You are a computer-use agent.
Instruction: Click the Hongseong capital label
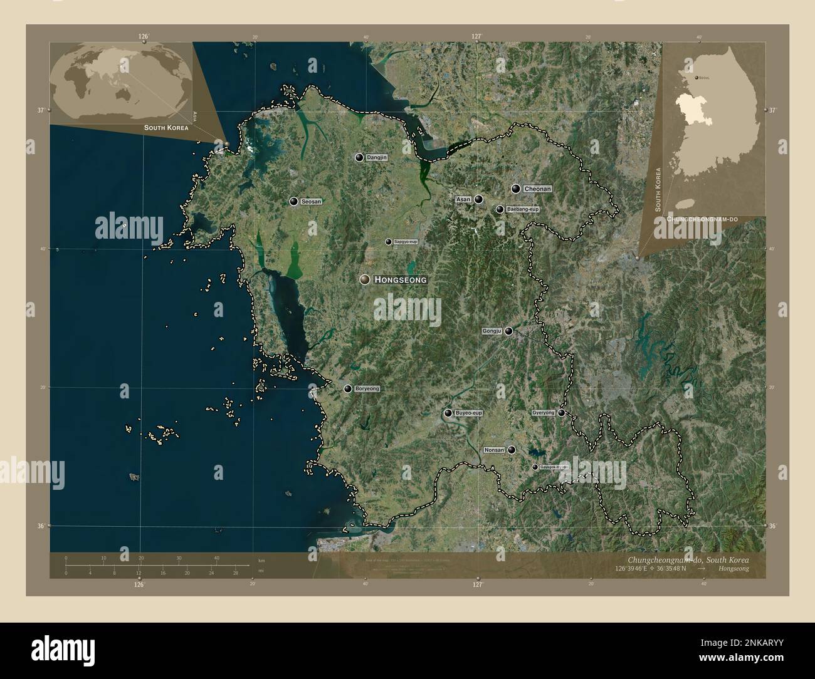(400, 280)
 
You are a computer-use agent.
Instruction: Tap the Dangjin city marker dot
(359, 158)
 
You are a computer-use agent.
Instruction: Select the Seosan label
(311, 202)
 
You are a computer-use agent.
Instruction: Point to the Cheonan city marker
(516, 189)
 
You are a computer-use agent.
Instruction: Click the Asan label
(463, 199)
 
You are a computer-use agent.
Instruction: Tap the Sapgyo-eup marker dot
(389, 242)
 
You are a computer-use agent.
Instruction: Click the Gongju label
(492, 331)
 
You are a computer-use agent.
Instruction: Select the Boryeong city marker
(348, 389)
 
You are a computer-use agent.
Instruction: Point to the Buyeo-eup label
(468, 413)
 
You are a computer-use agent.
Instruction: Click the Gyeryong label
(543, 413)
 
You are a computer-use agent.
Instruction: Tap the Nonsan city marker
(512, 450)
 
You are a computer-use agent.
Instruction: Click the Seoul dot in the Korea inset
(696, 78)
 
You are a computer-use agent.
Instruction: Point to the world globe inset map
(119, 81)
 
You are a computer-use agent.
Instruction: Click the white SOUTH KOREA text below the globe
(166, 127)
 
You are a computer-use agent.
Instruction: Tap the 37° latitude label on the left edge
(40, 110)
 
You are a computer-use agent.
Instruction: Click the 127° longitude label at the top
(476, 37)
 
